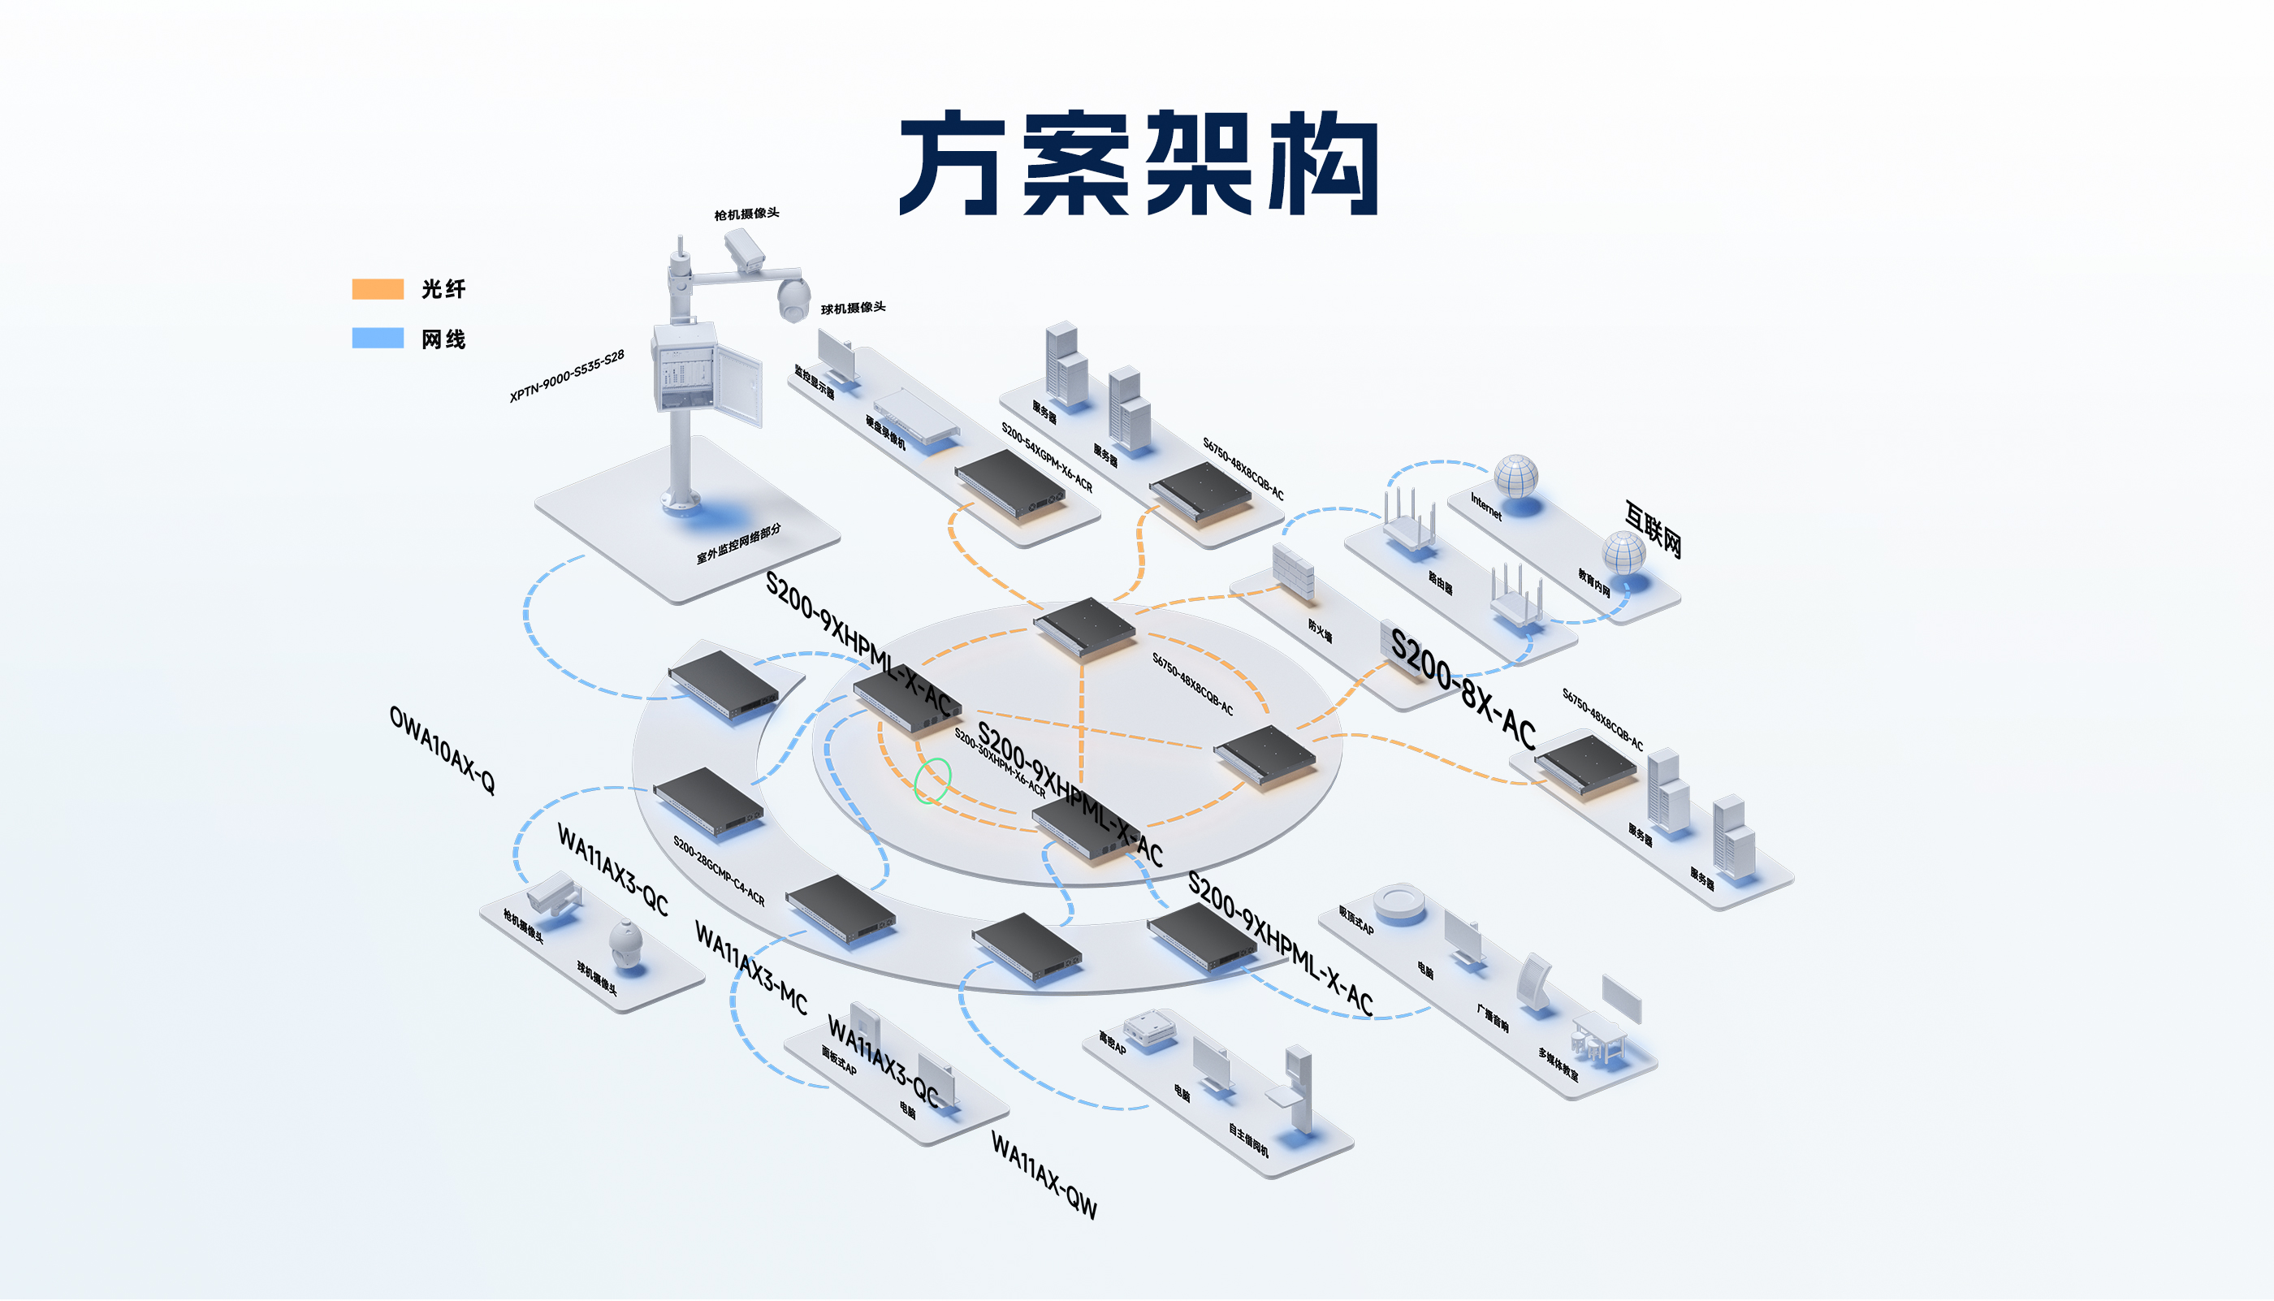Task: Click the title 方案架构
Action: click(x=1139, y=163)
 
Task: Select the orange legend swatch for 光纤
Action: click(x=377, y=288)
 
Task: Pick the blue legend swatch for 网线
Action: click(x=377, y=338)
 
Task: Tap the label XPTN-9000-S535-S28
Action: click(x=567, y=376)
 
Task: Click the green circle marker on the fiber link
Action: click(x=932, y=780)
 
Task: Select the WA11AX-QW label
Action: click(x=1044, y=1175)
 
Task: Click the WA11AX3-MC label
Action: click(x=750, y=969)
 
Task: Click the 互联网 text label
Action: click(x=1653, y=529)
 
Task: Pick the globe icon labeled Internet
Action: click(x=1516, y=476)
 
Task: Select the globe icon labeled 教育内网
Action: click(x=1623, y=553)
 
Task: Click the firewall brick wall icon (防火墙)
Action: click(x=1293, y=572)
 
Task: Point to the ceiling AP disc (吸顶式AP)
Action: click(x=1399, y=902)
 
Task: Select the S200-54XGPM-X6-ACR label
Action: click(x=1046, y=456)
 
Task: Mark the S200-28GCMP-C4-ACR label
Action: click(x=719, y=871)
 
